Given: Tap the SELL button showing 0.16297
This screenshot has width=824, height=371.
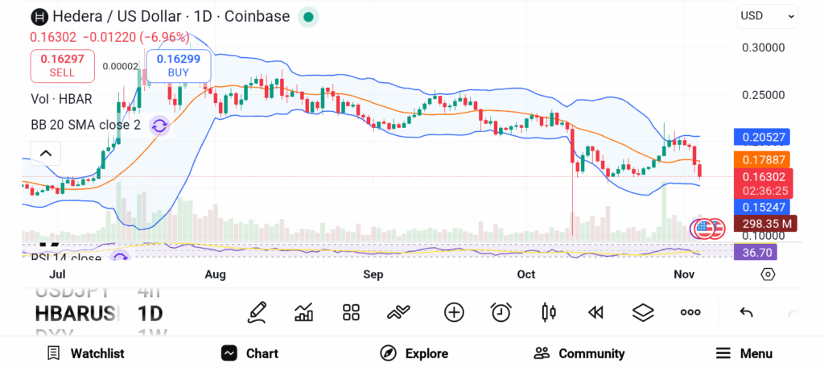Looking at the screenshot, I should pyautogui.click(x=62, y=65).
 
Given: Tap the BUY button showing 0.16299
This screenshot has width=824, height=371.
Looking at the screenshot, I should pyautogui.click(x=178, y=65).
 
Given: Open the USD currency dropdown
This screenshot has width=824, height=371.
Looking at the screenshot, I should pyautogui.click(x=767, y=15).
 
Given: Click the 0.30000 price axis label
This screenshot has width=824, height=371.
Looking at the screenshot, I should pyautogui.click(x=762, y=47).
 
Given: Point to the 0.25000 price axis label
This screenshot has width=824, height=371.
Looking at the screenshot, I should pyautogui.click(x=762, y=95).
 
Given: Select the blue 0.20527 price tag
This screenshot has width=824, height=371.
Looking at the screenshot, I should pyautogui.click(x=761, y=137).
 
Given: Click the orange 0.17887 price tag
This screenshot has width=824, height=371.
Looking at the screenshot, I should pyautogui.click(x=761, y=159).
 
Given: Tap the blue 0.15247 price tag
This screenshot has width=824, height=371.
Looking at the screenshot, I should pyautogui.click(x=761, y=207).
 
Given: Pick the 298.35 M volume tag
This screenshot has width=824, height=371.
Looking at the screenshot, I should pyautogui.click(x=761, y=223).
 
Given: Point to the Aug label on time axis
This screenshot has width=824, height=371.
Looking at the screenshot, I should pyautogui.click(x=215, y=274).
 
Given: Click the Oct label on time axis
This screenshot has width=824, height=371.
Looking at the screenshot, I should pyautogui.click(x=526, y=274).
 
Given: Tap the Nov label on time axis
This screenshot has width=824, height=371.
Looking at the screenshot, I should pyautogui.click(x=682, y=274).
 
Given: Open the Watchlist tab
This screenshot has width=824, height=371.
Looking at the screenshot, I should pyautogui.click(x=85, y=353).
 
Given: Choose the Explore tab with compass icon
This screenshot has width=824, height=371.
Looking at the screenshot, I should pyautogui.click(x=414, y=353).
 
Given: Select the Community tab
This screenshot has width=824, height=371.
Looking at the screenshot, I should pyautogui.click(x=579, y=353).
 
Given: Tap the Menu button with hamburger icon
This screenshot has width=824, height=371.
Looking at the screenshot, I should pyautogui.click(x=744, y=353).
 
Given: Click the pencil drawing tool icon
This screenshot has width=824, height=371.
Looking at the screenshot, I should pyautogui.click(x=257, y=312).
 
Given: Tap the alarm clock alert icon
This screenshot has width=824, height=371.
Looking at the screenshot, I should pyautogui.click(x=501, y=312).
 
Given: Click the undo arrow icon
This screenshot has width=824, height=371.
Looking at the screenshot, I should pyautogui.click(x=746, y=312).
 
